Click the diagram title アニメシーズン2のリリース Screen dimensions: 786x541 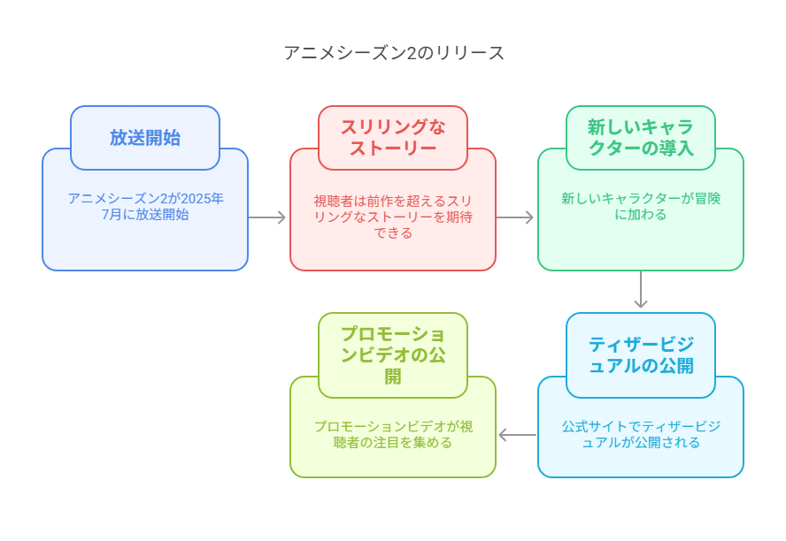394,53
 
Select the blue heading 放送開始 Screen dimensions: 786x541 145,138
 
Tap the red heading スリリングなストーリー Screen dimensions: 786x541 393,138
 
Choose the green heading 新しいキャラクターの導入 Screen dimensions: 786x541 641,138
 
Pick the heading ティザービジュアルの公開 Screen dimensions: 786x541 641,355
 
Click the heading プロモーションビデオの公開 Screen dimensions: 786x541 393,355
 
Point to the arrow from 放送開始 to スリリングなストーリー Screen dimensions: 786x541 266,217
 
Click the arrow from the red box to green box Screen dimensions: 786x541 514,217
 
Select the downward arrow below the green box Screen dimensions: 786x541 641,289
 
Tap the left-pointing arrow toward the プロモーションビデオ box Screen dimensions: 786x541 517,435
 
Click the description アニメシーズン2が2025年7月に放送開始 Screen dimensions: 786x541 145,207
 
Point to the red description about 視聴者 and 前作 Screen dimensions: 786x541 393,217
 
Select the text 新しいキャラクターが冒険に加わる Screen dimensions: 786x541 641,207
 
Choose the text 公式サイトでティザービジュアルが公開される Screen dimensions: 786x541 641,434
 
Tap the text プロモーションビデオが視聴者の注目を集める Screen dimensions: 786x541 393,434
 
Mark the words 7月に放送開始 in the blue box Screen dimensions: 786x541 145,215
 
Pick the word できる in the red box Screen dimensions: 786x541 393,233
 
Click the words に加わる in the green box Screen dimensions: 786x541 641,215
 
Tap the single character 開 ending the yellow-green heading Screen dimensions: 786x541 393,377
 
